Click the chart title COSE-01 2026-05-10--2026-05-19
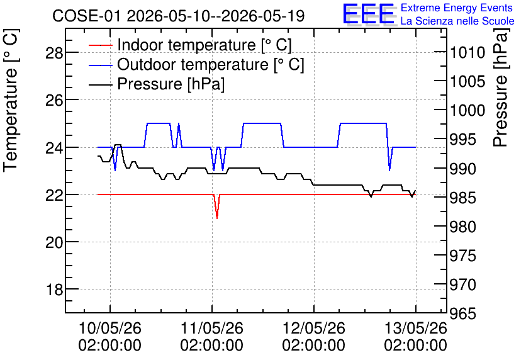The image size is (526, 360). [x=179, y=16]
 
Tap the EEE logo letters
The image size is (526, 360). [x=369, y=14]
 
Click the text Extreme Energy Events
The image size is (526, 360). [x=457, y=8]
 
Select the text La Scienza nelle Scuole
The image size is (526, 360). [x=457, y=21]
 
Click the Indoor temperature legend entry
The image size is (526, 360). [x=190, y=45]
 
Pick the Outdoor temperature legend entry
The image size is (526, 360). [x=196, y=64]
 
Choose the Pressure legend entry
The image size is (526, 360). [x=157, y=84]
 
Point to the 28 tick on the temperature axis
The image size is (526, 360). [x=54, y=53]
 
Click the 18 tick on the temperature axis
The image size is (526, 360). [x=54, y=290]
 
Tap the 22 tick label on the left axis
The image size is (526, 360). [x=54, y=194]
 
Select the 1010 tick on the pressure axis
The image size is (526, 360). [x=467, y=52]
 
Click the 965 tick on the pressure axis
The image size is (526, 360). [x=463, y=313]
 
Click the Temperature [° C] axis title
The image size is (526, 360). [x=11, y=101]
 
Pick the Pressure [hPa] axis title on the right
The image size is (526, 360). [x=501, y=87]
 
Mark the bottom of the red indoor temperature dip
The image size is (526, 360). [x=217, y=218]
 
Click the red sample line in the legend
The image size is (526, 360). [x=100, y=45]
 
